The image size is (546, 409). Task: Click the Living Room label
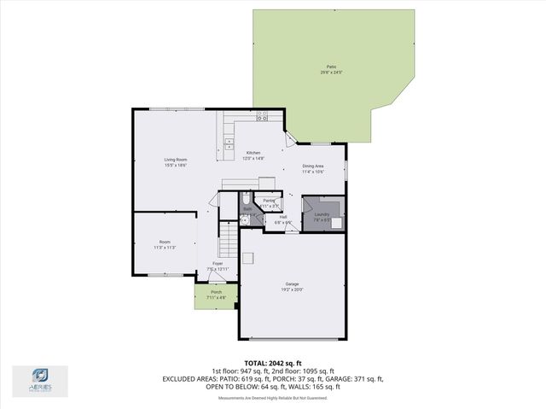[176, 160]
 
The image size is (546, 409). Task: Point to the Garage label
[292, 284]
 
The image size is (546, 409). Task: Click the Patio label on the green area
[330, 67]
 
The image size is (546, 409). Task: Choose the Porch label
[217, 292]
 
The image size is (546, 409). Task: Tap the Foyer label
[218, 264]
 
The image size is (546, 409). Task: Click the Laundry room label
[322, 214]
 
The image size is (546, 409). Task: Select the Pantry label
[269, 201]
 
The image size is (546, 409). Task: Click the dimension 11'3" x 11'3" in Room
[165, 248]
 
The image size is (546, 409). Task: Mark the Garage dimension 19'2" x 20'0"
[292, 290]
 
